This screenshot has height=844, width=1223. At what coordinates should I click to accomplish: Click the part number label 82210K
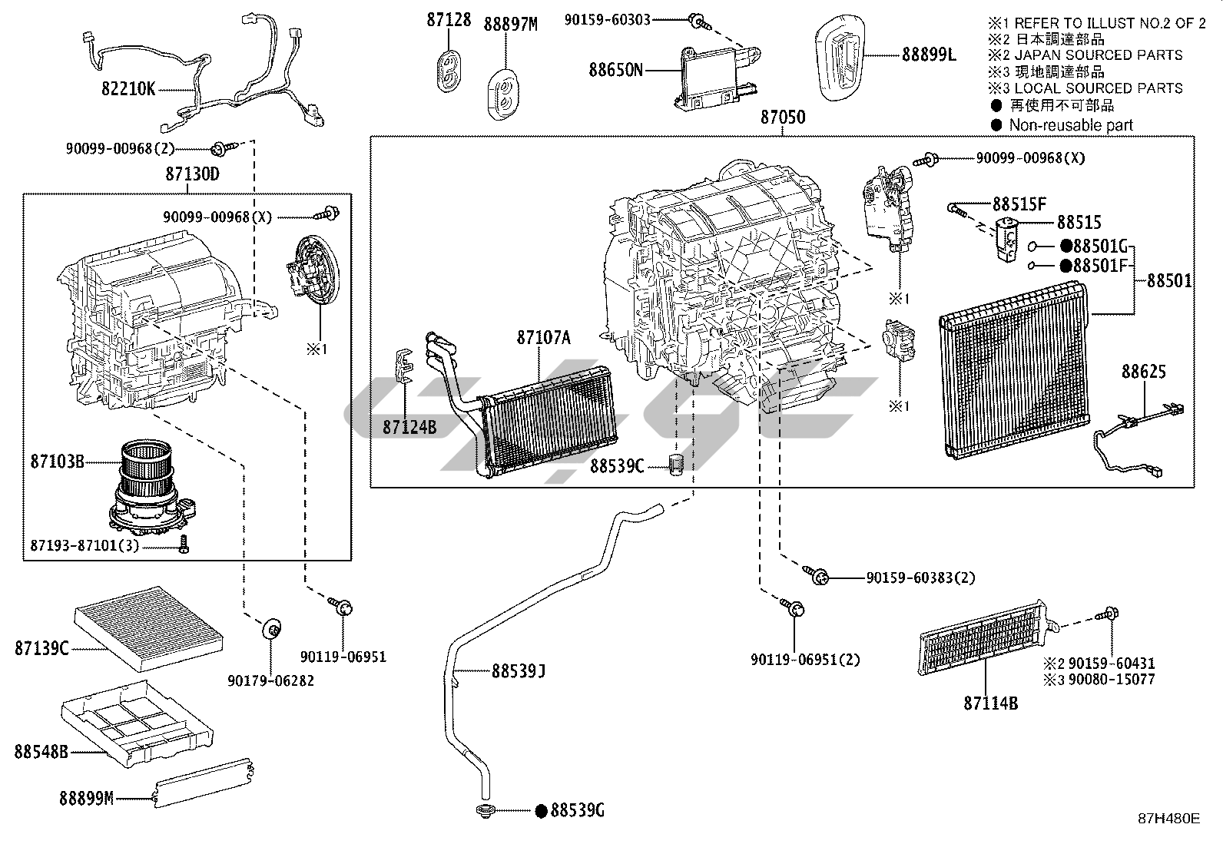[x=128, y=88]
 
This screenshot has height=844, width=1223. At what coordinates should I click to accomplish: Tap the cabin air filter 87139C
[x=148, y=629]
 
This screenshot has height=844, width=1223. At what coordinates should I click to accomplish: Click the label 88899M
[x=86, y=798]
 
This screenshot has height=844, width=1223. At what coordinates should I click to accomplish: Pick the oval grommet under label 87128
[x=449, y=71]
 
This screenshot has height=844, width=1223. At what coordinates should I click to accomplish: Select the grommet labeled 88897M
[x=503, y=94]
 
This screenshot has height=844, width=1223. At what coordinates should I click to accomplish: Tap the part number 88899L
[x=929, y=55]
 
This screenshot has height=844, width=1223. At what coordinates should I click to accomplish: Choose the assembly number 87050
[x=783, y=117]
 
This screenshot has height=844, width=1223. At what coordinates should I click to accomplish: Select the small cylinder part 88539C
[x=677, y=465]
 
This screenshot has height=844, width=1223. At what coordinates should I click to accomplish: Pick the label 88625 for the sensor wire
[x=1144, y=372]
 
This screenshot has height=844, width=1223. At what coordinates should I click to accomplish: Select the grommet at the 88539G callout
[x=485, y=811]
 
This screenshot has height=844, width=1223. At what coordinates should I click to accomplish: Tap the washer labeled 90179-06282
[x=271, y=629]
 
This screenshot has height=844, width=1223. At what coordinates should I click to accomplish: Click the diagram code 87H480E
[x=1169, y=819]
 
